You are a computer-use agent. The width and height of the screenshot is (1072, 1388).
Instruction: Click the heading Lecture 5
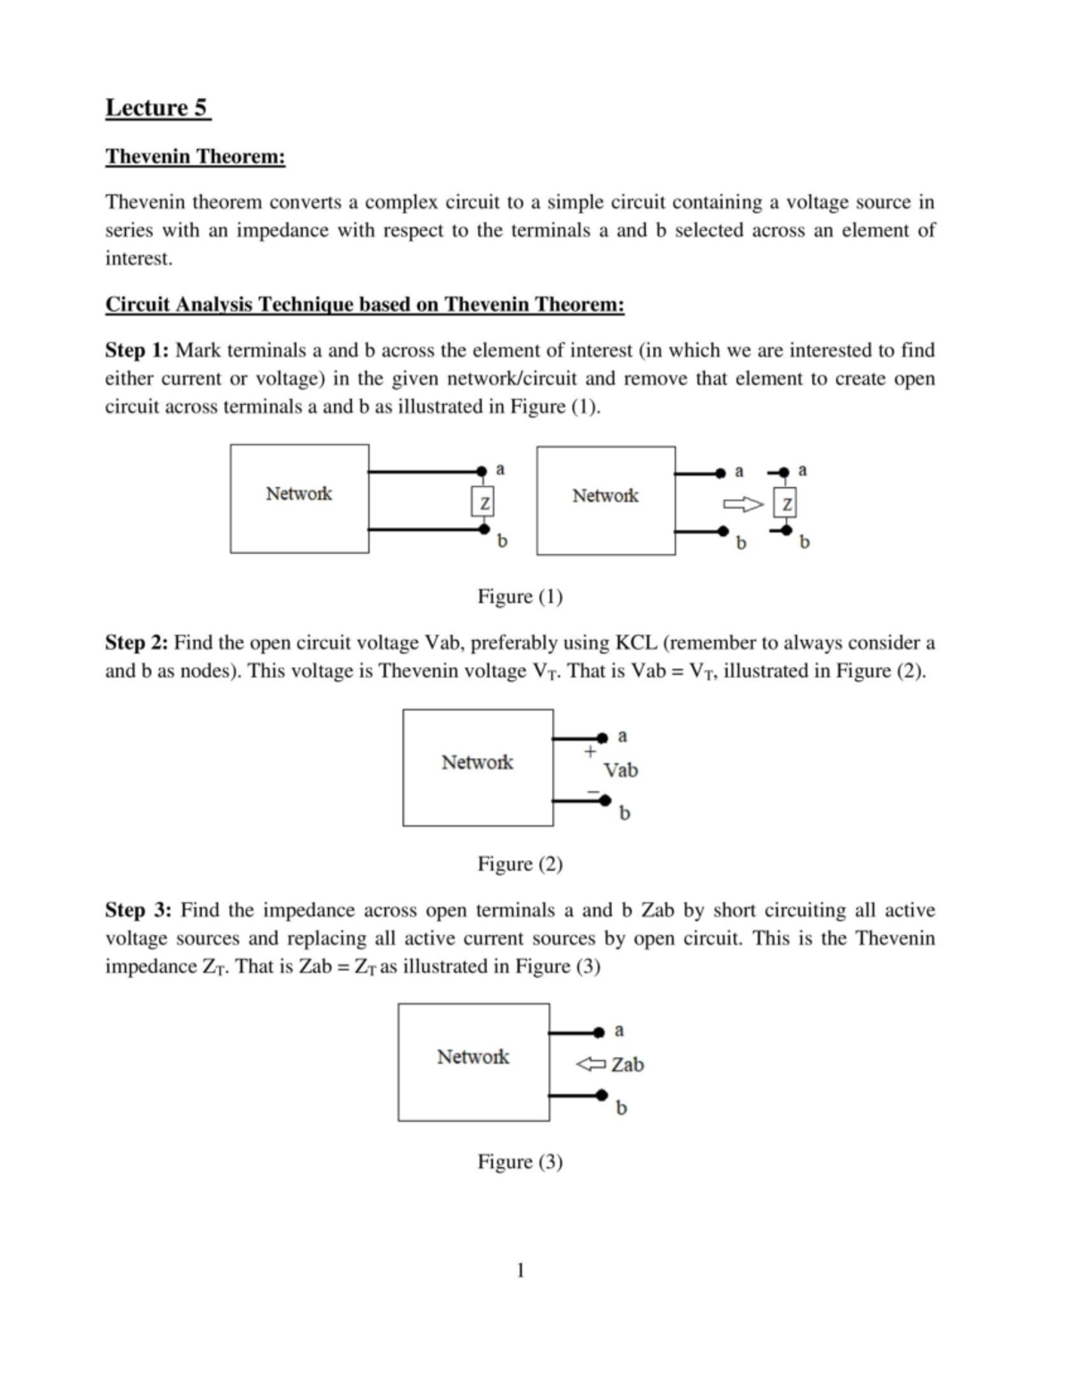pyautogui.click(x=157, y=108)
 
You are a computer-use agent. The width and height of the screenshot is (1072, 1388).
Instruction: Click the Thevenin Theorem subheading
pyautogui.click(x=196, y=156)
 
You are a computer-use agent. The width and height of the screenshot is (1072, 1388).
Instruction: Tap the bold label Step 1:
pyautogui.click(x=137, y=349)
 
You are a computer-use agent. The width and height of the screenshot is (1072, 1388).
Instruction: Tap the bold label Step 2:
pyautogui.click(x=137, y=643)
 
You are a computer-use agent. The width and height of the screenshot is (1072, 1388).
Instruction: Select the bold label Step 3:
pyautogui.click(x=138, y=910)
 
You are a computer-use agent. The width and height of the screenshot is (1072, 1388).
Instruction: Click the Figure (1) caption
pyautogui.click(x=520, y=596)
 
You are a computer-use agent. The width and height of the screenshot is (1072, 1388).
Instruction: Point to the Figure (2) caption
pyautogui.click(x=520, y=863)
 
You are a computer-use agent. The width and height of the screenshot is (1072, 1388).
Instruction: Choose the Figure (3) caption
pyautogui.click(x=520, y=1161)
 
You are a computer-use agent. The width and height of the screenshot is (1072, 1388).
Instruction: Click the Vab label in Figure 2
pyautogui.click(x=621, y=770)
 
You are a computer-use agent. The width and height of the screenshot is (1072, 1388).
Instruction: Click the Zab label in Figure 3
pyautogui.click(x=628, y=1064)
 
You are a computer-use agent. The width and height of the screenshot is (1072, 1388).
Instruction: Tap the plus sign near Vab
pyautogui.click(x=590, y=753)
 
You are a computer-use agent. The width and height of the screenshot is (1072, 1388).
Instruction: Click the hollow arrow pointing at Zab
pyautogui.click(x=590, y=1064)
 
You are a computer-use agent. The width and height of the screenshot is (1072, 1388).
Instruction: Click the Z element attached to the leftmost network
pyautogui.click(x=483, y=503)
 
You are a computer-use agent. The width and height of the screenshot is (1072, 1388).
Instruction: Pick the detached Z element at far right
pyautogui.click(x=786, y=505)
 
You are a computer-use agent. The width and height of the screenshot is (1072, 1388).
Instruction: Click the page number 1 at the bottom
pyautogui.click(x=521, y=1270)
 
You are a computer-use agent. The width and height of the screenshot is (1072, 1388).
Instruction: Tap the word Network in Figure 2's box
pyautogui.click(x=477, y=762)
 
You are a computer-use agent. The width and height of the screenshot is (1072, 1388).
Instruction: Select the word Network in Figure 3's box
pyautogui.click(x=473, y=1056)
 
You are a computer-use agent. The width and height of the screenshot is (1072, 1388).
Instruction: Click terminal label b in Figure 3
pyautogui.click(x=622, y=1107)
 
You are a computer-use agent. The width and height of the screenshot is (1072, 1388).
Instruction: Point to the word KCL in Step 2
pyautogui.click(x=637, y=643)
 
